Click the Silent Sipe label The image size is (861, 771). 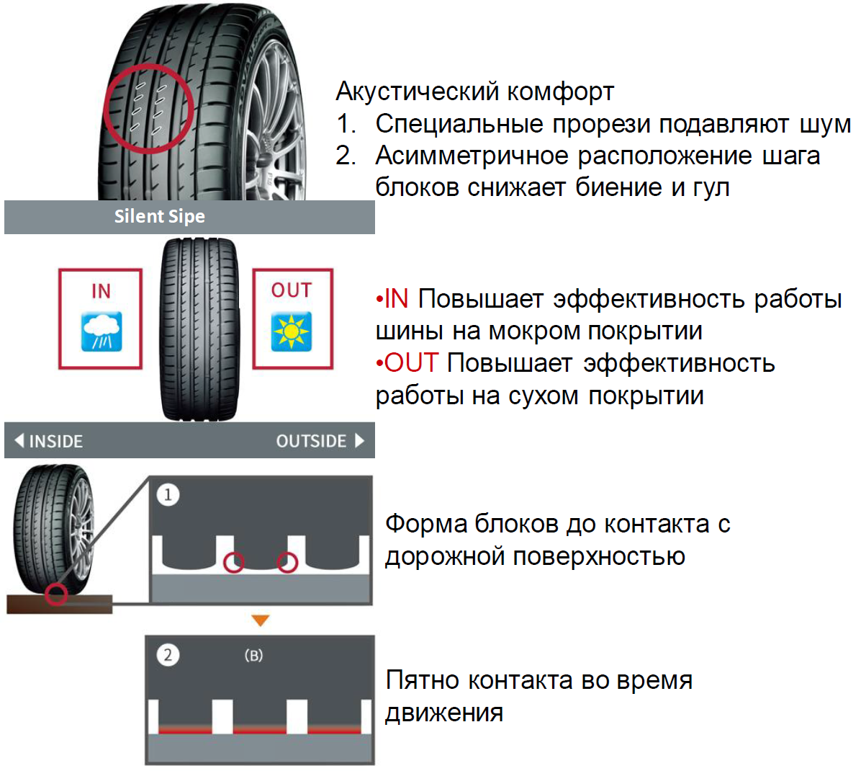(159, 216)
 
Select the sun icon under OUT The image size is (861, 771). (291, 331)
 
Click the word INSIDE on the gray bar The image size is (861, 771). (55, 441)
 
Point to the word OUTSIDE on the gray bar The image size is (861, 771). (311, 441)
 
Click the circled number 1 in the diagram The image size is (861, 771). (168, 495)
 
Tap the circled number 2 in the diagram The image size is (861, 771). (168, 655)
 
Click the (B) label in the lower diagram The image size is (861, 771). (253, 656)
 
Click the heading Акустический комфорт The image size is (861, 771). (474, 92)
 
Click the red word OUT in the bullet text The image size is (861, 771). (410, 363)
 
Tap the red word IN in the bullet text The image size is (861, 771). (396, 298)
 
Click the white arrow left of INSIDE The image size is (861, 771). (19, 440)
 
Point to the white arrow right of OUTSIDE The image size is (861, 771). (359, 440)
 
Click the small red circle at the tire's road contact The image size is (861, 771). (55, 594)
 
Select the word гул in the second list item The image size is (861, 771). (711, 187)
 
